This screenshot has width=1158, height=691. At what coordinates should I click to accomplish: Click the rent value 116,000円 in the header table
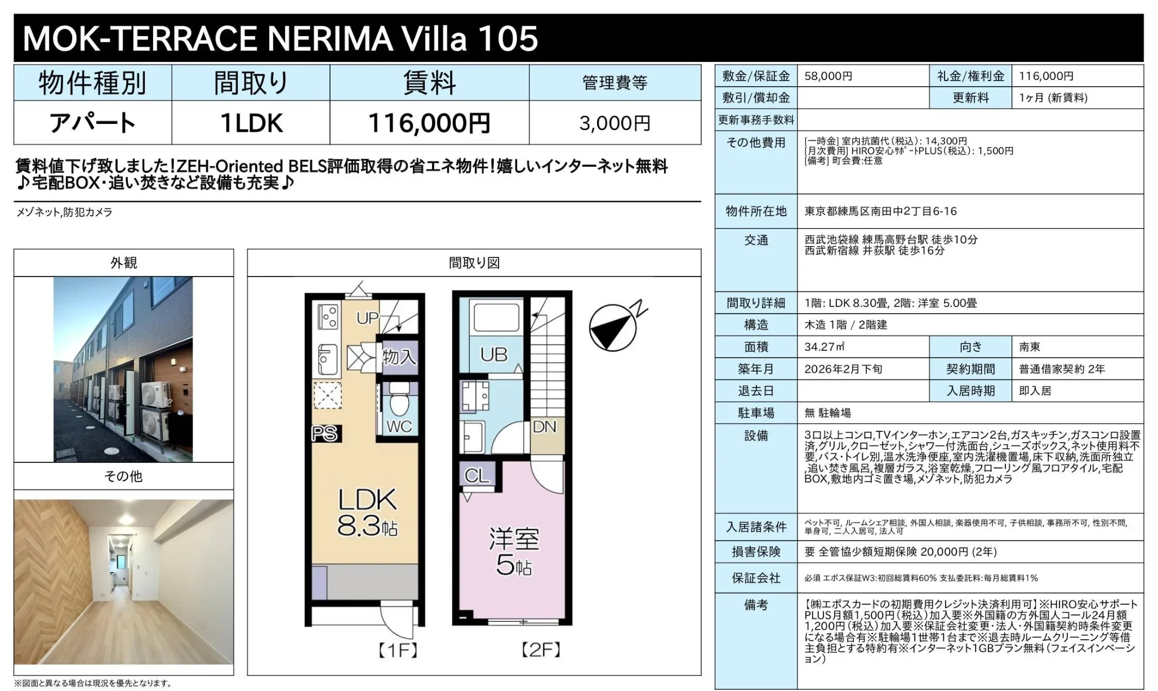[x=429, y=123]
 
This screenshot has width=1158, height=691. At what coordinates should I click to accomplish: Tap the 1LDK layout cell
[x=251, y=123]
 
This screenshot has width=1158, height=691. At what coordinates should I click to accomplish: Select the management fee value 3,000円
[x=614, y=123]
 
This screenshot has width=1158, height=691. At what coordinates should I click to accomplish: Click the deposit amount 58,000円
[x=828, y=76]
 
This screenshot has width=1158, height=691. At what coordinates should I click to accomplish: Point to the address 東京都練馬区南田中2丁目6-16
[x=880, y=211]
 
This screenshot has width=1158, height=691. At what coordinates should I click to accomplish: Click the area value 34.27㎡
[x=824, y=347]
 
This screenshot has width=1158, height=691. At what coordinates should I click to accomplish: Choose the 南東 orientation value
[x=1030, y=347]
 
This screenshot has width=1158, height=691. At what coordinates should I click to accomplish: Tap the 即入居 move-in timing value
[x=1035, y=391]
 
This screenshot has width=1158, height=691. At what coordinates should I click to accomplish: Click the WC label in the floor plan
[x=399, y=426]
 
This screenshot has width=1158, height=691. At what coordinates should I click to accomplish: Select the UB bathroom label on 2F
[x=493, y=355]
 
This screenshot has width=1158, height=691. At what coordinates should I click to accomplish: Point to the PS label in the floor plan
[x=324, y=433]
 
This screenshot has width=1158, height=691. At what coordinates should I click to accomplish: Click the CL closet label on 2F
[x=477, y=476]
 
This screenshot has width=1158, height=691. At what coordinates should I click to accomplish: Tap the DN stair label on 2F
[x=545, y=427]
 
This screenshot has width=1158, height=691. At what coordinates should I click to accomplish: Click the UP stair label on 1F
[x=367, y=318]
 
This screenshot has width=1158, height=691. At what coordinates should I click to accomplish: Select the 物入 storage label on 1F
[x=399, y=356]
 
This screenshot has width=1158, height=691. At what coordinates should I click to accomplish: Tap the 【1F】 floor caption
[x=397, y=651]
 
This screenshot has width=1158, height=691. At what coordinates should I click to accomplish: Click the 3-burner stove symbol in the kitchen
[x=328, y=316]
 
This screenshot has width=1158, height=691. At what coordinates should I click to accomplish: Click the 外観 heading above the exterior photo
[x=123, y=263]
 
